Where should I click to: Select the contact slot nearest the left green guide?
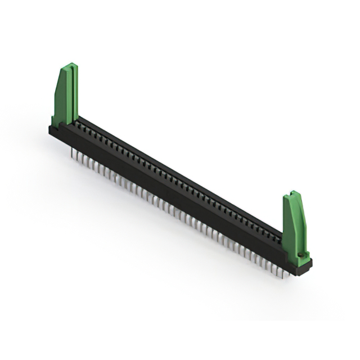tap(80, 125)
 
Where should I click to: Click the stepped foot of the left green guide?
tap(57, 121)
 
